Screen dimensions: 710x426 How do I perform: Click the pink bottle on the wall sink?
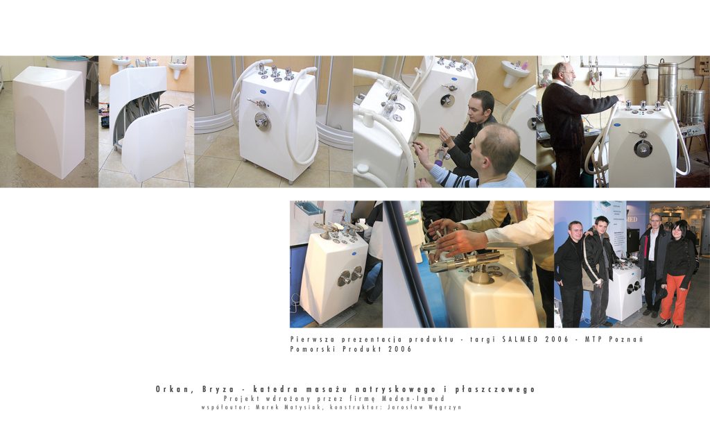point(525,65)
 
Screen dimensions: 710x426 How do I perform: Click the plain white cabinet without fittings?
point(49,119)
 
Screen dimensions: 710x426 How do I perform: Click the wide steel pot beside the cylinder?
point(693,107)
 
